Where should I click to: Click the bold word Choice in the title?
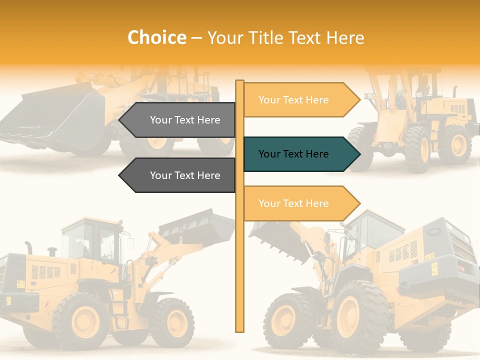pyautogui.click(x=156, y=37)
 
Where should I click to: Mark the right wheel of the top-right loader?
pyautogui.click(x=455, y=145)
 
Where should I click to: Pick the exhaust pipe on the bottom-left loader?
pyautogui.click(x=28, y=247)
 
